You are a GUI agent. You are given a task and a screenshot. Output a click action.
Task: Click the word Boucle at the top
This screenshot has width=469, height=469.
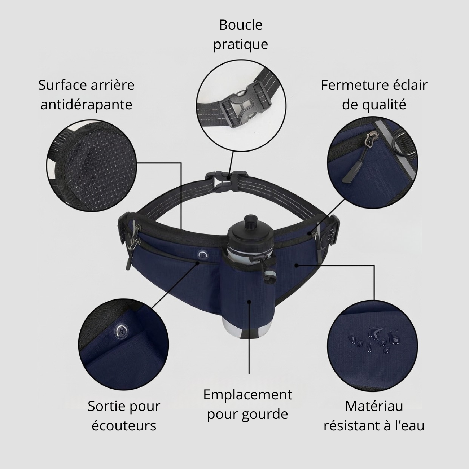pos(241,25)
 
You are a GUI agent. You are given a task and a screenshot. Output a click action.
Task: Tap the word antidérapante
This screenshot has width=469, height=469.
pos(86,105)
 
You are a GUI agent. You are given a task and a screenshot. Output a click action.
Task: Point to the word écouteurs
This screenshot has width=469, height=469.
pos(124,426)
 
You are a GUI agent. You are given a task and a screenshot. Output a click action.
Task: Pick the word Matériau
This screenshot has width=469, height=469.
pos(374,406)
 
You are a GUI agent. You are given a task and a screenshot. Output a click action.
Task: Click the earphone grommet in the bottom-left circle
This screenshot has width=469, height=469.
pos(122,331)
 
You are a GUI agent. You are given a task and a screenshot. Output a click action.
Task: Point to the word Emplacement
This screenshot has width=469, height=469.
pos(247,395)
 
